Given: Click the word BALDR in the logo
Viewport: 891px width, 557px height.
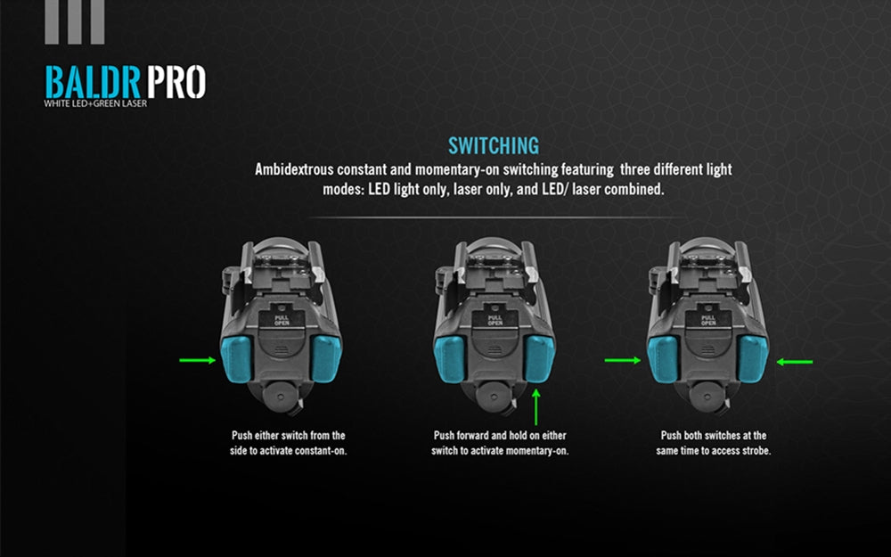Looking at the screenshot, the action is [x=93, y=82].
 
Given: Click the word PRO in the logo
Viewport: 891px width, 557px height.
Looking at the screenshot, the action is [x=176, y=82].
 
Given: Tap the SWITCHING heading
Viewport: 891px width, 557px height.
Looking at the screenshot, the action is [x=494, y=146].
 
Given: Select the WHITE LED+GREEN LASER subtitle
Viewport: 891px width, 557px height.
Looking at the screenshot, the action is [x=95, y=103].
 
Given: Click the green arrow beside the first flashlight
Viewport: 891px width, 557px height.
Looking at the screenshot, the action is [x=197, y=360].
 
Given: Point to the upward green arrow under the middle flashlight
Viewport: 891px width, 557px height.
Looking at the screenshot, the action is [x=535, y=407].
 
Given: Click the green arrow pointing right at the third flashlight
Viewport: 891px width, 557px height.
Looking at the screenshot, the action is [x=623, y=360].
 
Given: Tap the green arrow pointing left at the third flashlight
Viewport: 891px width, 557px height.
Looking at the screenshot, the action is [x=795, y=362].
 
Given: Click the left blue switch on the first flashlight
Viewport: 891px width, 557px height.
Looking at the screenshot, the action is [x=236, y=358].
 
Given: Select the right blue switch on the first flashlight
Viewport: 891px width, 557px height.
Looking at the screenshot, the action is [x=326, y=358].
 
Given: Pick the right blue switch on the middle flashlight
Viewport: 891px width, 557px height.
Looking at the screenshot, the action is [x=539, y=358].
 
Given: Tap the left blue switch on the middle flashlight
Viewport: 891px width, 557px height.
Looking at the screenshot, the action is [x=449, y=358].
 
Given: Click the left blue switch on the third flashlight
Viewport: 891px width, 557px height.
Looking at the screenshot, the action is [x=663, y=358].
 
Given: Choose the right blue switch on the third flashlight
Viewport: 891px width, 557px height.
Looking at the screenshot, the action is [x=752, y=358].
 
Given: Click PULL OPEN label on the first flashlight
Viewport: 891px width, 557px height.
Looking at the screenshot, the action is [x=282, y=321].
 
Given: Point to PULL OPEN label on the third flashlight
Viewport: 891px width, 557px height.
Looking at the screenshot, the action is [x=708, y=321].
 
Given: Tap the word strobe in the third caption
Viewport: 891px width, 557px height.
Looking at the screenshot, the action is [x=756, y=451].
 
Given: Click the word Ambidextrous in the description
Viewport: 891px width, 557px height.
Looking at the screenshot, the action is [x=294, y=169].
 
